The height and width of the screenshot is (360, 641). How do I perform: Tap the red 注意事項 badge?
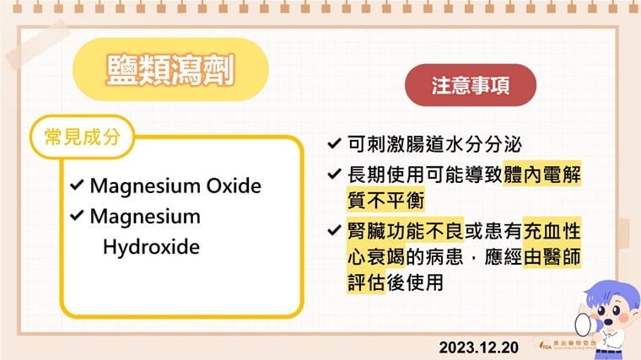tap(471, 85)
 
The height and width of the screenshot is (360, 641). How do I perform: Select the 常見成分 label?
tap(81, 137)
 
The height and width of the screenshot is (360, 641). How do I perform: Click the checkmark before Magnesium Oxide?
tap(77, 185)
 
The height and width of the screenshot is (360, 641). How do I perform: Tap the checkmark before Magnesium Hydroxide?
tap(77, 217)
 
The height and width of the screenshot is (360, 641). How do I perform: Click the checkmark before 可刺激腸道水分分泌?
tap(334, 144)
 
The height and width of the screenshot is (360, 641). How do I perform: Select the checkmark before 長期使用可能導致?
tap(334, 175)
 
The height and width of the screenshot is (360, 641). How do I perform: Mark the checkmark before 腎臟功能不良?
tap(334, 229)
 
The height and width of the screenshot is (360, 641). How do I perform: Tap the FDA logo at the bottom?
tap(557, 345)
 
